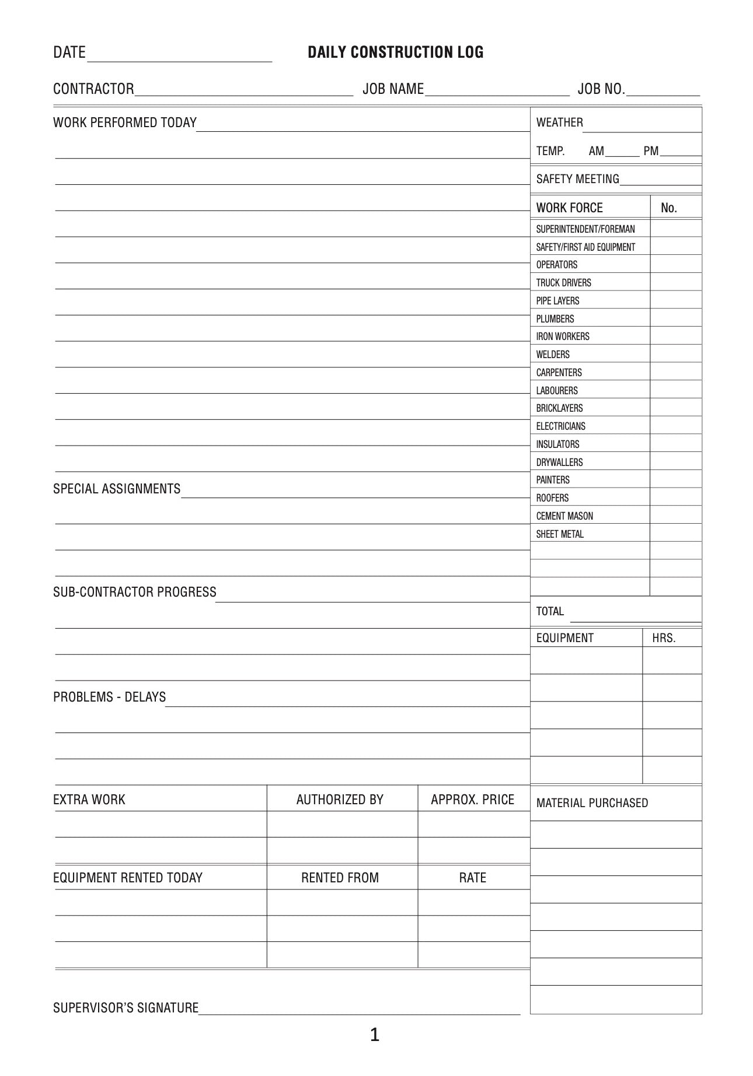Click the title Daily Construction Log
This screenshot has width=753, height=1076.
(x=395, y=52)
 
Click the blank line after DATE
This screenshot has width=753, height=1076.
(x=179, y=57)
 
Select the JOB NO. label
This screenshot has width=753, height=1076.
(x=601, y=89)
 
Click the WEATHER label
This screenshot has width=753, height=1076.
(x=559, y=122)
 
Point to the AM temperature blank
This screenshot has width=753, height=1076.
(x=622, y=153)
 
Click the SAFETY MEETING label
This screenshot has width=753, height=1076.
(x=577, y=179)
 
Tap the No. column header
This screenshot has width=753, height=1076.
(x=669, y=208)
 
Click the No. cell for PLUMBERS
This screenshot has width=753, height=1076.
(x=675, y=318)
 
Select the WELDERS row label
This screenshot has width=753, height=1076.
(x=553, y=355)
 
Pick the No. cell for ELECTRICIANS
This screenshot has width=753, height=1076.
(x=675, y=426)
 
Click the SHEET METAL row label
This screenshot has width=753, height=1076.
(x=560, y=534)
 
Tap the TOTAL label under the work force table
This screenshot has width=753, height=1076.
(x=550, y=611)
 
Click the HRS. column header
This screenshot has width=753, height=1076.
(x=664, y=638)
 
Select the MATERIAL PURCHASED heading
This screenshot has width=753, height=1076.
(x=592, y=803)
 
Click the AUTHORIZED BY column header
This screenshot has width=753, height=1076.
(x=340, y=800)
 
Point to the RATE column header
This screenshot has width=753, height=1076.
(x=472, y=878)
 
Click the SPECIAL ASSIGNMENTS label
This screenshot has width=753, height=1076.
(x=117, y=489)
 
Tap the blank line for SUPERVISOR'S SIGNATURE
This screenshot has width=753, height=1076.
(x=359, y=1010)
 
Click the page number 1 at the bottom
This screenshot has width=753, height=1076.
(x=375, y=1035)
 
